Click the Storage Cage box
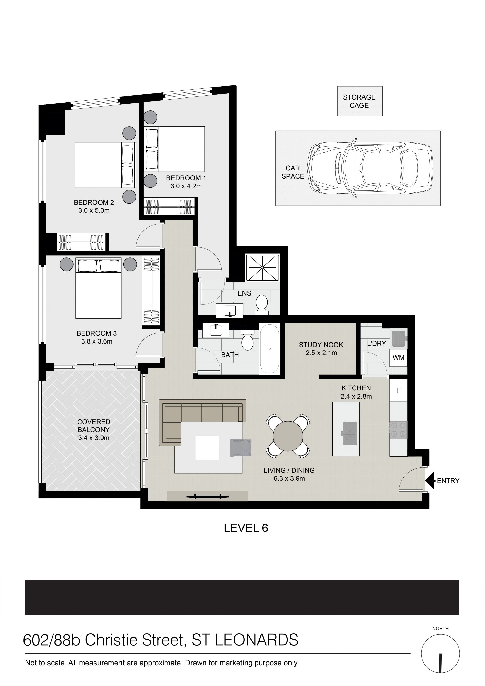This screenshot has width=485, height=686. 360,101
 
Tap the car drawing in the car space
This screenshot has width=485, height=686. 371,168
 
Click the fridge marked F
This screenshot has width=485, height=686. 399,390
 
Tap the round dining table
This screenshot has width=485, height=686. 288,436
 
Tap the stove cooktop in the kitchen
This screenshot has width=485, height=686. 398,430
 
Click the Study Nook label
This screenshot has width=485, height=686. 321,345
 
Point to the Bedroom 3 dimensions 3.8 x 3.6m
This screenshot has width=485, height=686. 97,341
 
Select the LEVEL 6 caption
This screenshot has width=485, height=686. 246,537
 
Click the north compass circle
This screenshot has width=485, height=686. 441,654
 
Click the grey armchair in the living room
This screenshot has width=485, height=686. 240,448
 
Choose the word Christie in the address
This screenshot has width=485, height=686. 107,640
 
